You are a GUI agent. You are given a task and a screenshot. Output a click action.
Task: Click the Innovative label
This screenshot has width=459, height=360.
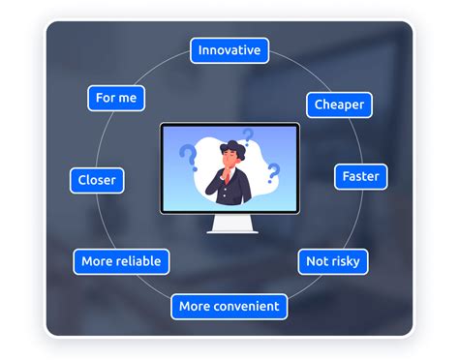tap(229, 50)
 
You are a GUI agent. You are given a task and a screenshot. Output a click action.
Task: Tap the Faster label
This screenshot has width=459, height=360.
tap(360, 177)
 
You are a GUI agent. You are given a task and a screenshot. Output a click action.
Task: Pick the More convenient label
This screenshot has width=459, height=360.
tap(229, 307)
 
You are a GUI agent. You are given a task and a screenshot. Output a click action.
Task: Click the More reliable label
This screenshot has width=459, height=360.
tap(122, 260)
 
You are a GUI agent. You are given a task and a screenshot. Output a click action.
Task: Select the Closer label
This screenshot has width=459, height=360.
tap(97, 180)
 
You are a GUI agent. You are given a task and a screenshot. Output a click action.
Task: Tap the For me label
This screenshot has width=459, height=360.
tap(116, 98)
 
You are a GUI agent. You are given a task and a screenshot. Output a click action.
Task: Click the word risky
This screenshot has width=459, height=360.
tap(347, 260)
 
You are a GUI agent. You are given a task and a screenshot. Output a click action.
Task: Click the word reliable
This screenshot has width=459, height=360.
tap(139, 260)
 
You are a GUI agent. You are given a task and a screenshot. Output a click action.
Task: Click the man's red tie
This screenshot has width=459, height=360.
tap(230, 184)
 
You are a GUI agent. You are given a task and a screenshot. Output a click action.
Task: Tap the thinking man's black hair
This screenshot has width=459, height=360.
tap(229, 147)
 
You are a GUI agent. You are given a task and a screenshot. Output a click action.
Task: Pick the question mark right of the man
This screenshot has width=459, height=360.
tap(273, 173)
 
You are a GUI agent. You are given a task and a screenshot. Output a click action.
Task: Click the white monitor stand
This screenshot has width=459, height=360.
tap(229, 225)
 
